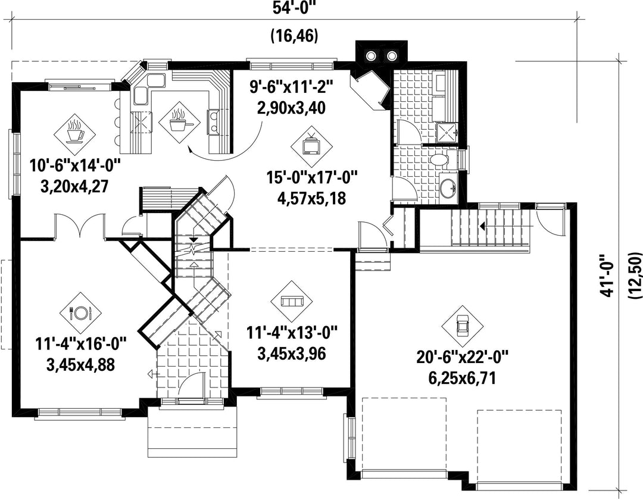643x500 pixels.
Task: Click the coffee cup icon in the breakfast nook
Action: coord(75,130)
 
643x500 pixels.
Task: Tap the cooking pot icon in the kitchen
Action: coord(179,122)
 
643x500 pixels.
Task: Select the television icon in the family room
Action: coord(311,145)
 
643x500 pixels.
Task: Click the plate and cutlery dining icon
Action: coord(80,313)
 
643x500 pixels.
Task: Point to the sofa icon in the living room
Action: coord(292,302)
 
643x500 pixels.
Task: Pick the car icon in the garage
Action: coord(463,326)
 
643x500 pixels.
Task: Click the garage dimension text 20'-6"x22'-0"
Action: coord(463,357)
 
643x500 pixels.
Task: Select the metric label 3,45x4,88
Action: coord(80,364)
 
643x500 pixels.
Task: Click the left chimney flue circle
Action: coord(372,55)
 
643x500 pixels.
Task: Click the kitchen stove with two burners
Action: coord(214,122)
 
